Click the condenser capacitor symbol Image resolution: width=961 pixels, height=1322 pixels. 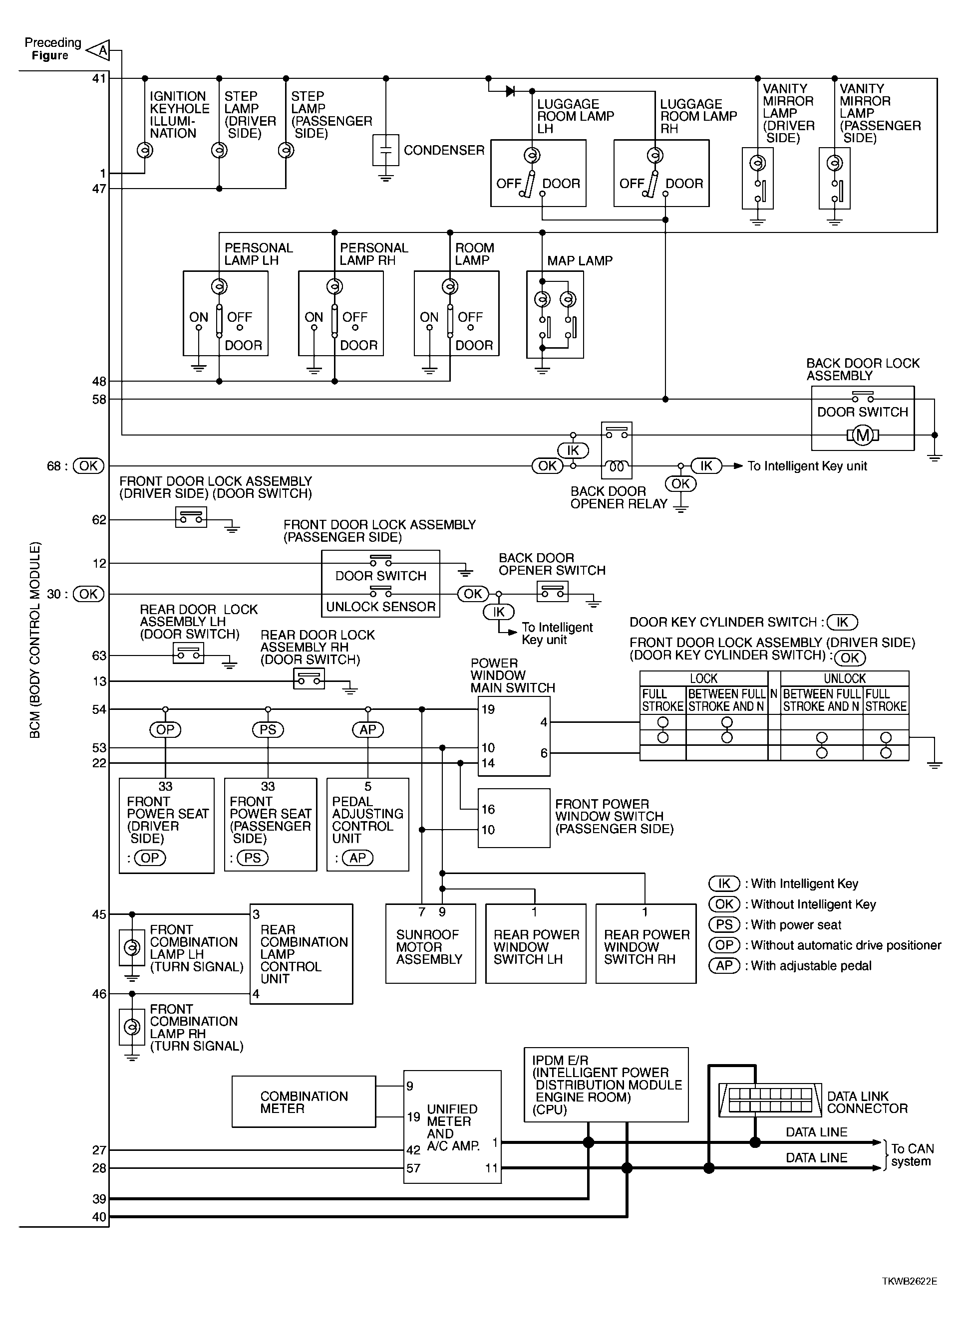pyautogui.click(x=385, y=150)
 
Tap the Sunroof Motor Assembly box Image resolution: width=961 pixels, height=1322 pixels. pyautogui.click(x=430, y=944)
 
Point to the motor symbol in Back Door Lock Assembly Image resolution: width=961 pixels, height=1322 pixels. pyautogui.click(x=863, y=435)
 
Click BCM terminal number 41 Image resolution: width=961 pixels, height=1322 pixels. pyautogui.click(x=99, y=78)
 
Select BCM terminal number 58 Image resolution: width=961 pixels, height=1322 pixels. pyautogui.click(x=99, y=399)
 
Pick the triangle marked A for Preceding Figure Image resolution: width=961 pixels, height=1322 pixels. pyautogui.click(x=98, y=51)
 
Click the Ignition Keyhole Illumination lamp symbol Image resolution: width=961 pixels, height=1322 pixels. pyautogui.click(x=145, y=150)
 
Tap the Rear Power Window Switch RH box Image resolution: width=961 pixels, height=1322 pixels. pyautogui.click(x=645, y=944)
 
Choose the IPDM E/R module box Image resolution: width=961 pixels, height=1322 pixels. pyautogui.click(x=607, y=1084)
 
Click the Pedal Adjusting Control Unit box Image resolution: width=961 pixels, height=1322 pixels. pyautogui.click(x=367, y=824)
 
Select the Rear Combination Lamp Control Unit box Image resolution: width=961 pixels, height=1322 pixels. pyautogui.click(x=301, y=954)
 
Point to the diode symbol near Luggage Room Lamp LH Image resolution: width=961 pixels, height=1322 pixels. pyautogui.click(x=510, y=91)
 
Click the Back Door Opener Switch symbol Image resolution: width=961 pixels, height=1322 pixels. pyautogui.click(x=552, y=592)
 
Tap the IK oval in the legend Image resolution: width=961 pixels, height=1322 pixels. pyautogui.click(x=724, y=883)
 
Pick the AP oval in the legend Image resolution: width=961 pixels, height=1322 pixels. pyautogui.click(x=724, y=965)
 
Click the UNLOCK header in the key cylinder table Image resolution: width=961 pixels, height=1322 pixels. pyautogui.click(x=844, y=678)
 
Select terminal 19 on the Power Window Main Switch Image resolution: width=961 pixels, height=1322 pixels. pyautogui.click(x=488, y=709)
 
